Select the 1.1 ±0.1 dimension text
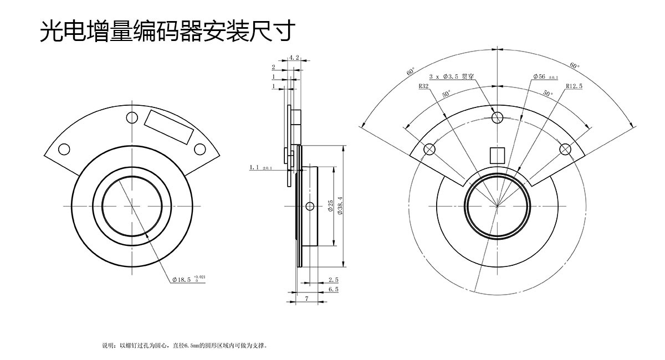pos(260,167)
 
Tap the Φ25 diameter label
pos(331,207)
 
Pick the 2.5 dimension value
pos(333,280)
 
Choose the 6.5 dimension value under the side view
pos(333,289)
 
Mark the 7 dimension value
pos(306,299)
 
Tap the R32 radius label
pos(424,87)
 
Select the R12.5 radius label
pos(574,87)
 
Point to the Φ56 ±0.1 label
pos(545,76)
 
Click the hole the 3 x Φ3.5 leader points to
pos(497,117)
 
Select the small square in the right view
pos(497,155)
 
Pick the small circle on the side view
pos(310,207)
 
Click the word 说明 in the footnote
pos(108,346)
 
